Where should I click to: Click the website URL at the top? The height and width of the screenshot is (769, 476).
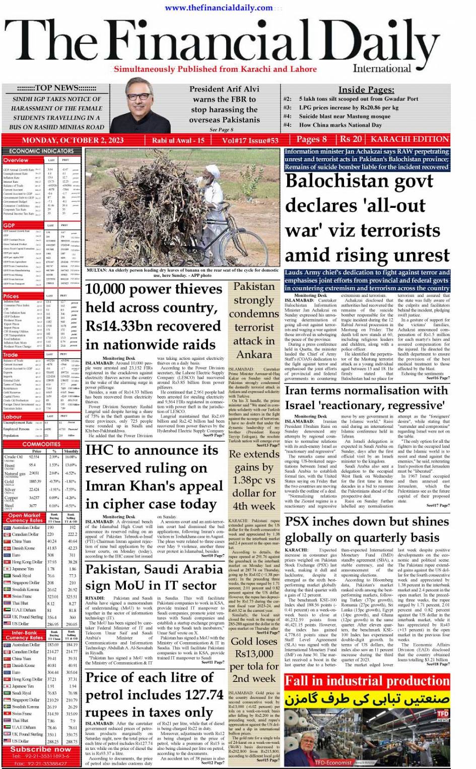(219, 8)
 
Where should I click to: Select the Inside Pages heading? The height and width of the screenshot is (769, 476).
(366, 90)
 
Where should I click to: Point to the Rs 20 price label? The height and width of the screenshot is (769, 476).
(351, 139)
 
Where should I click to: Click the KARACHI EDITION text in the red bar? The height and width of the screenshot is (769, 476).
(410, 139)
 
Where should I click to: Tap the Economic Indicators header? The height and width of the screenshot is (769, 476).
(41, 151)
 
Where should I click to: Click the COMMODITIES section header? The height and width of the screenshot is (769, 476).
(41, 444)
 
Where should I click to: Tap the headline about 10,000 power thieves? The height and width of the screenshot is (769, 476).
(154, 317)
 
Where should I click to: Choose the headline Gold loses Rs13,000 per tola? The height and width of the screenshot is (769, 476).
(254, 660)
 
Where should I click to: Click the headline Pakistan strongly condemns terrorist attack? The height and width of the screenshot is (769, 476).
(254, 320)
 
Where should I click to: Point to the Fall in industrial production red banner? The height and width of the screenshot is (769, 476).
(367, 681)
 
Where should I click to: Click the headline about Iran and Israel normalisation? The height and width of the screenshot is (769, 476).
(366, 398)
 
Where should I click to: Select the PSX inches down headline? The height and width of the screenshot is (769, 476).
(367, 529)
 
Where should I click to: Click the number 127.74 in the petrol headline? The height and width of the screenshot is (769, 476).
(199, 695)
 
